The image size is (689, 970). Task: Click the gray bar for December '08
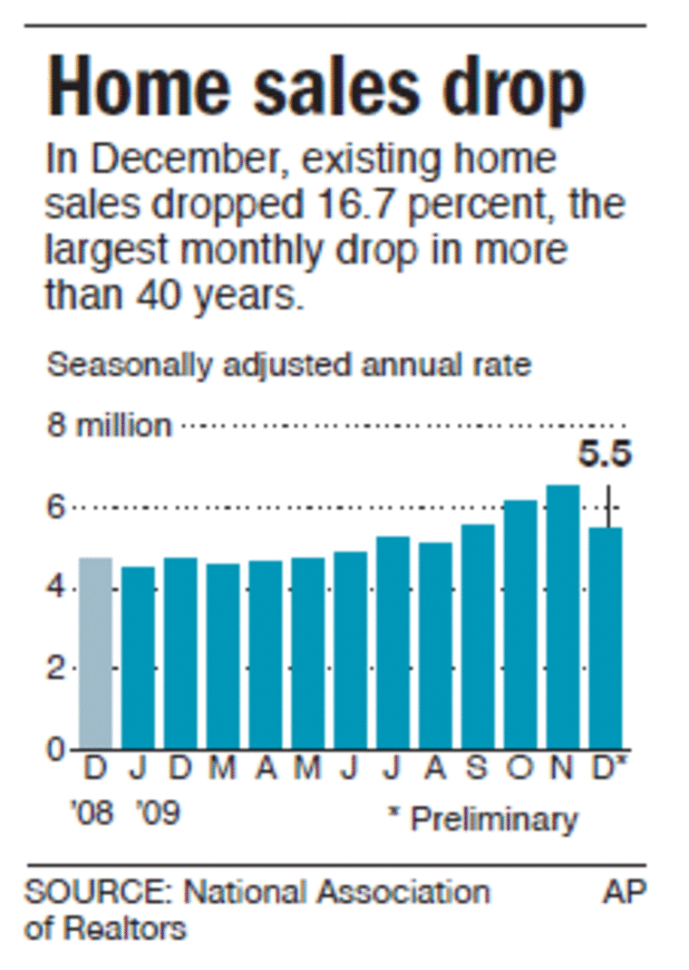[x=95, y=653]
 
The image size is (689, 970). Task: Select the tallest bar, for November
[x=563, y=617]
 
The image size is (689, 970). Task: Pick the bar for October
[x=520, y=624]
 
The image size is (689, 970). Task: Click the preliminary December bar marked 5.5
[x=606, y=638]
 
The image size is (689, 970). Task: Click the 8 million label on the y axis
[x=109, y=425]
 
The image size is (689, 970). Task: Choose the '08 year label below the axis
[x=93, y=812]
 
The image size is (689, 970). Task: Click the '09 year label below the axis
[x=159, y=812]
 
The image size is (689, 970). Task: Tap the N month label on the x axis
[x=563, y=771]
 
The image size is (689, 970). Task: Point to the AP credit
[x=624, y=892]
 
